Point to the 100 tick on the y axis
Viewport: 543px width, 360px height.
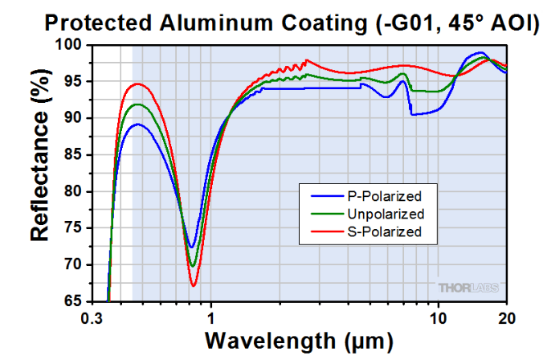(x=70, y=45)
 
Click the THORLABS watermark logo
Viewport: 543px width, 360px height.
(x=469, y=287)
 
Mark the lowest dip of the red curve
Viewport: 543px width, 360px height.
(x=194, y=285)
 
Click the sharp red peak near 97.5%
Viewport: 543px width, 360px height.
(x=306, y=60)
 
